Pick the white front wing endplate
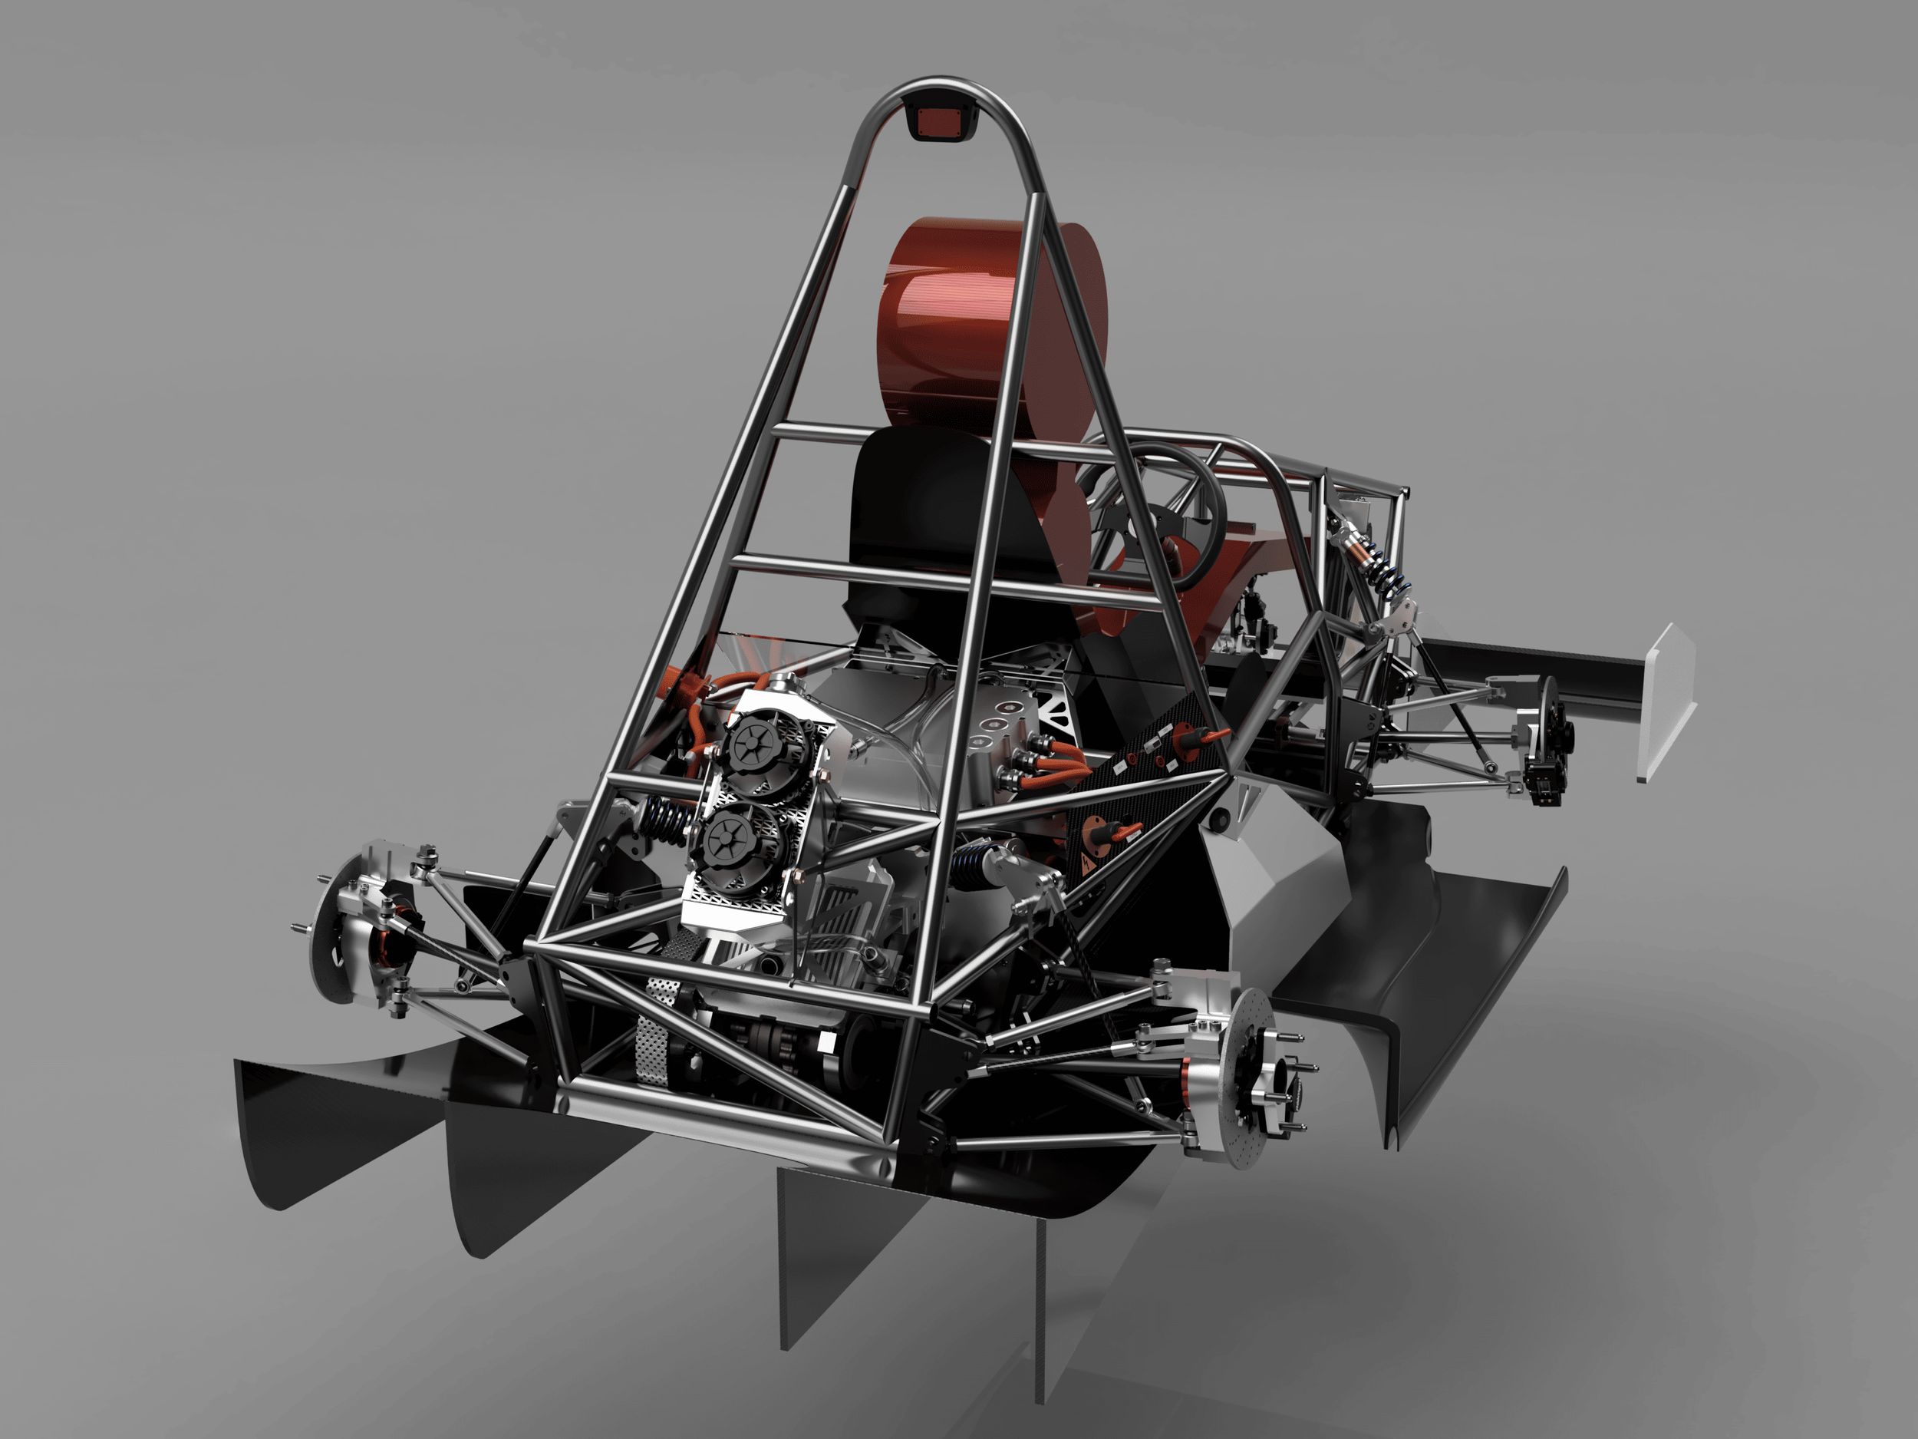coord(1666,702)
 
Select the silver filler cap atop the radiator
coord(785,685)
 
